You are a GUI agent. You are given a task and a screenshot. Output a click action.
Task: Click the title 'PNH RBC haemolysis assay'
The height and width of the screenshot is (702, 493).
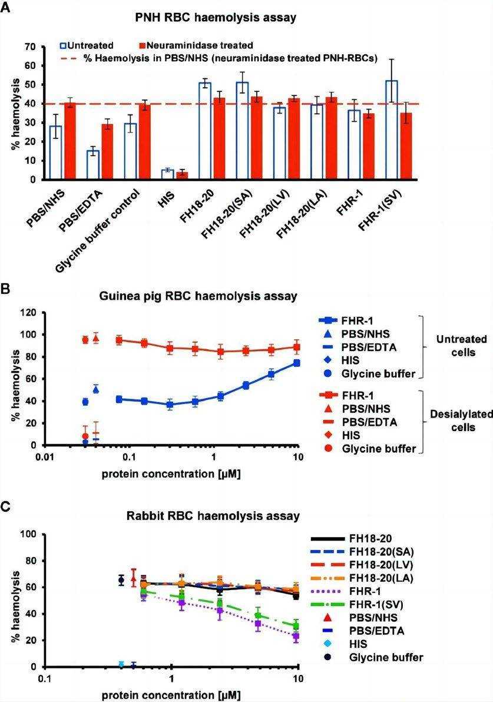(246, 18)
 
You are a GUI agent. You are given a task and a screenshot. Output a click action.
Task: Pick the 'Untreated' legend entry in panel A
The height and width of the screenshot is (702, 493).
(87, 45)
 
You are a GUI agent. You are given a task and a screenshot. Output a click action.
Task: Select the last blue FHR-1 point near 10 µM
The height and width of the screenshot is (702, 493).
(297, 363)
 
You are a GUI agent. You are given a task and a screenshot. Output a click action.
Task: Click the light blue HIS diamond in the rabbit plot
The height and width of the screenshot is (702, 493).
(121, 664)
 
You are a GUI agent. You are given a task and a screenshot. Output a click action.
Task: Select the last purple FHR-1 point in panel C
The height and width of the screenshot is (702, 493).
(296, 636)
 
